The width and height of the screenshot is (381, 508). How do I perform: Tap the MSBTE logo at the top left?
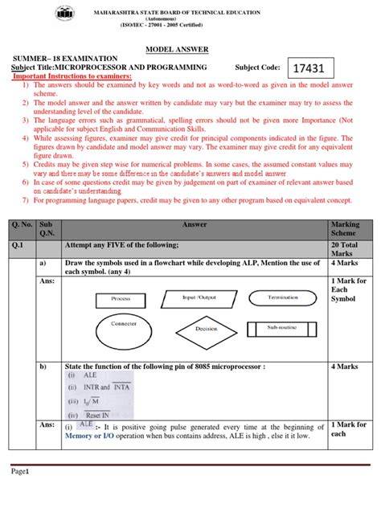62,13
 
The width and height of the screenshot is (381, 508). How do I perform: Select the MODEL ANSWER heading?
190,48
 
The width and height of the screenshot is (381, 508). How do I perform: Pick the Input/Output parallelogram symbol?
200,297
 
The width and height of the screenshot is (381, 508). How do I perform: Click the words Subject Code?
258,68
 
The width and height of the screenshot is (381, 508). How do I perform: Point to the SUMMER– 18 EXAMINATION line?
70,59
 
